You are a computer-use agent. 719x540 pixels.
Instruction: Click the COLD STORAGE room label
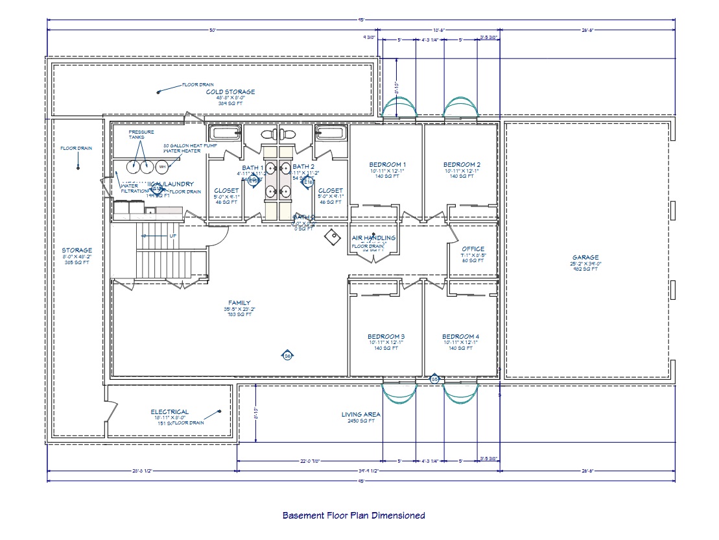pyautogui.click(x=230, y=92)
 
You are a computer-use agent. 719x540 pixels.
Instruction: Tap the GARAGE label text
pyautogui.click(x=585, y=257)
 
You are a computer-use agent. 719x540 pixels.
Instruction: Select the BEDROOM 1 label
pyautogui.click(x=387, y=164)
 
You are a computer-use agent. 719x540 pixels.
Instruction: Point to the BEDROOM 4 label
pyautogui.click(x=460, y=336)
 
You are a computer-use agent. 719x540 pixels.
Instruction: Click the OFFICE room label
pyautogui.click(x=473, y=249)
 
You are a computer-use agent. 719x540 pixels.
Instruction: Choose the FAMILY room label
pyautogui.click(x=239, y=302)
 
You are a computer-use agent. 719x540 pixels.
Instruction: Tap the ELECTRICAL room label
pyautogui.click(x=169, y=411)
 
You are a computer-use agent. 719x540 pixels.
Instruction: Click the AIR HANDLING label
pyautogui.click(x=373, y=238)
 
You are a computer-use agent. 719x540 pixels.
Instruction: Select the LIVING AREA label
pyautogui.click(x=361, y=414)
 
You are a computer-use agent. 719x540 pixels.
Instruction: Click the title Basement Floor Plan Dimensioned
pyautogui.click(x=353, y=515)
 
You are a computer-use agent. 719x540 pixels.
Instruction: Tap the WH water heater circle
pyautogui.click(x=162, y=167)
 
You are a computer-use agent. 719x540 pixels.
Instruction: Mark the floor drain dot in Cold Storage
pyautogui.click(x=158, y=92)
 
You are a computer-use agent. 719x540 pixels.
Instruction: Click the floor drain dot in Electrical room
pyautogui.click(x=220, y=411)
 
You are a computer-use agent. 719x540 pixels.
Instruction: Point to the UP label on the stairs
pyautogui.click(x=172, y=236)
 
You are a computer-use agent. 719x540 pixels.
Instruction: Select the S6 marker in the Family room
pyautogui.click(x=287, y=355)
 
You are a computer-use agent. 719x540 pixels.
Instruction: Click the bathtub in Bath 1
pyautogui.click(x=226, y=134)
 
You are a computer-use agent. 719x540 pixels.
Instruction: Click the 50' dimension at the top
pyautogui.click(x=212, y=30)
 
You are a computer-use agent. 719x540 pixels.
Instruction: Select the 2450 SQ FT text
pyautogui.click(x=361, y=421)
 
